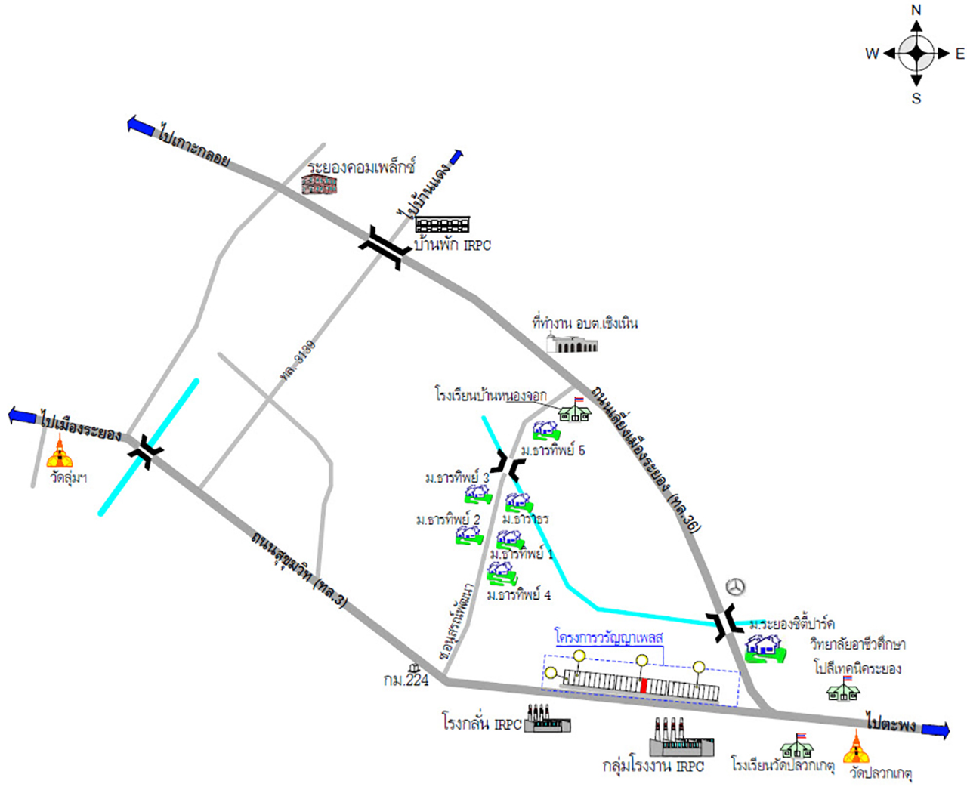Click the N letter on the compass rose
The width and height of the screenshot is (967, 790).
tap(916, 10)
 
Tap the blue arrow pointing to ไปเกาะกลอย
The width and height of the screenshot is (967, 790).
tap(141, 125)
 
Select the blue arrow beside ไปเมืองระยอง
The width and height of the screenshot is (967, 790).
tap(22, 415)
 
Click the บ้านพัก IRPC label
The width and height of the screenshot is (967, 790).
tap(453, 245)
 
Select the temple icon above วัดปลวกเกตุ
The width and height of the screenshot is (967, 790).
tap(856, 748)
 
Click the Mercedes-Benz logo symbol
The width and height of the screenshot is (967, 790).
tap(735, 587)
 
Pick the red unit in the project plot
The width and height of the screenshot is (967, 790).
tap(644, 686)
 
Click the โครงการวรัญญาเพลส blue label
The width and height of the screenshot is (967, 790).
tap(608, 637)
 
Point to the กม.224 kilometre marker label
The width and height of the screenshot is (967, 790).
tap(406, 680)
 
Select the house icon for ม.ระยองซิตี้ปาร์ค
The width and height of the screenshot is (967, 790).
tap(763, 649)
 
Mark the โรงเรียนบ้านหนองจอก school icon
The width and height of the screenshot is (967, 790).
tap(575, 410)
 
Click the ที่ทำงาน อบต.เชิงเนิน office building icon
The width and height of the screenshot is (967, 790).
tap(573, 344)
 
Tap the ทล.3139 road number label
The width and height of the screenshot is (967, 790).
tap(298, 361)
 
